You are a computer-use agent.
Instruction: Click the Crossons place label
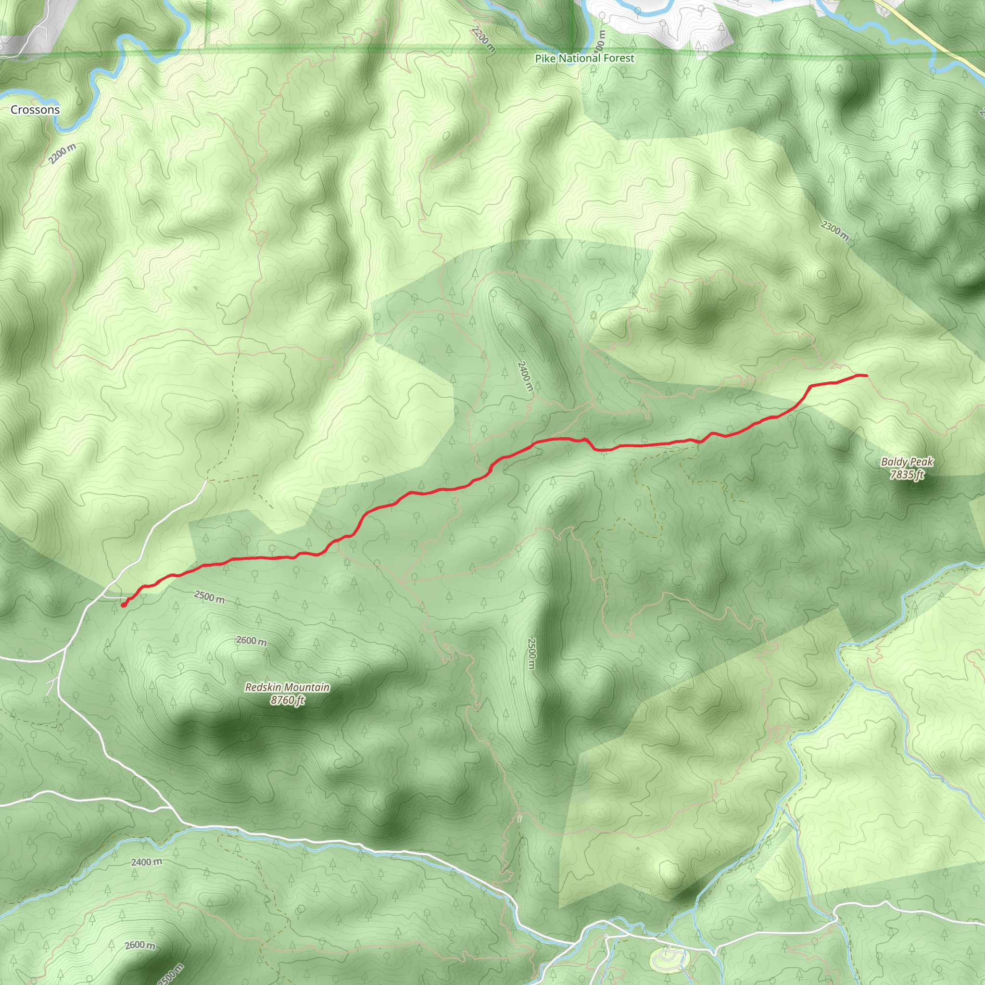pyautogui.click(x=35, y=110)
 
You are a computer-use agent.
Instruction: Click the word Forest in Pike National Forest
pyautogui.click(x=619, y=58)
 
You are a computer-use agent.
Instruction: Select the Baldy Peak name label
pyautogui.click(x=907, y=462)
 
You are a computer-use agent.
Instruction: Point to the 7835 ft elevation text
pyautogui.click(x=907, y=475)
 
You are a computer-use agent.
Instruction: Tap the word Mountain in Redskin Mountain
pyautogui.click(x=307, y=687)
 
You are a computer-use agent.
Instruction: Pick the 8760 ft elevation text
pyautogui.click(x=288, y=700)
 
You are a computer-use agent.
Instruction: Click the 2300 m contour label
pyautogui.click(x=835, y=230)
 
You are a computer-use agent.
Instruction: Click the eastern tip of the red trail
pyautogui.click(x=866, y=376)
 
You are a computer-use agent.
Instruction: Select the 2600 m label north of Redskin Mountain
pyautogui.click(x=251, y=641)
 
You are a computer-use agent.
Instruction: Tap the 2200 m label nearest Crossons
pyautogui.click(x=63, y=154)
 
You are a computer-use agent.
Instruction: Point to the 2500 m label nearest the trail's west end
pyautogui.click(x=209, y=596)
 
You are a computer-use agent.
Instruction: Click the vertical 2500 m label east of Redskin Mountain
pyautogui.click(x=532, y=654)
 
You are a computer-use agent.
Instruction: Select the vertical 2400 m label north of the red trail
pyautogui.click(x=525, y=376)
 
